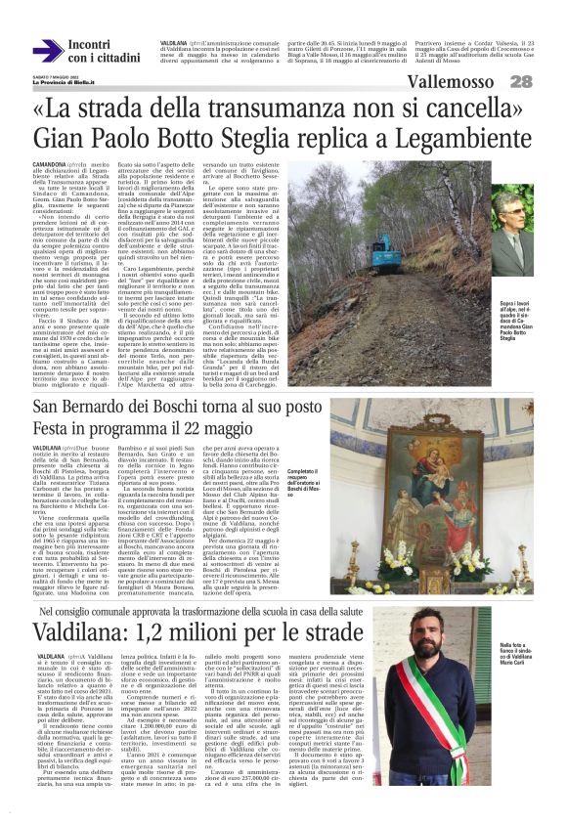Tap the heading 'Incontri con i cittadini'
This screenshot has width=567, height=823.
coord(103,51)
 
